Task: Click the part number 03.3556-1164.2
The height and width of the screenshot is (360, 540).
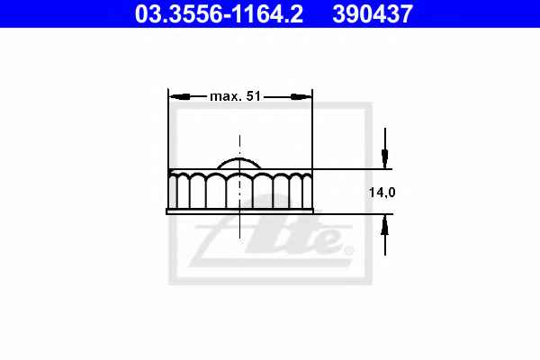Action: (x=219, y=14)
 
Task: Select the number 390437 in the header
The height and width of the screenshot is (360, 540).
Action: (x=373, y=14)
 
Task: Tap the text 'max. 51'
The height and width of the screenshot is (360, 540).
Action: (x=235, y=96)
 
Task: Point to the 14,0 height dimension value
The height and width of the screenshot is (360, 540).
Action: (x=382, y=193)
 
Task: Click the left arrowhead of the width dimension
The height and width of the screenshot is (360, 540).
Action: (x=180, y=97)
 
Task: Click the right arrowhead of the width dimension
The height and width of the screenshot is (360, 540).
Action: (x=301, y=97)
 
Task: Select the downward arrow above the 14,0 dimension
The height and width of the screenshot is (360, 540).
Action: (x=385, y=148)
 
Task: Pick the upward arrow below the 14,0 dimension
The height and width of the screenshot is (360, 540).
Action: (x=385, y=235)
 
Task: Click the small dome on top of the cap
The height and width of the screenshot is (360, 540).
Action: (x=239, y=163)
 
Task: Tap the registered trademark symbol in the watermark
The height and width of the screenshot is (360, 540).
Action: (x=348, y=250)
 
